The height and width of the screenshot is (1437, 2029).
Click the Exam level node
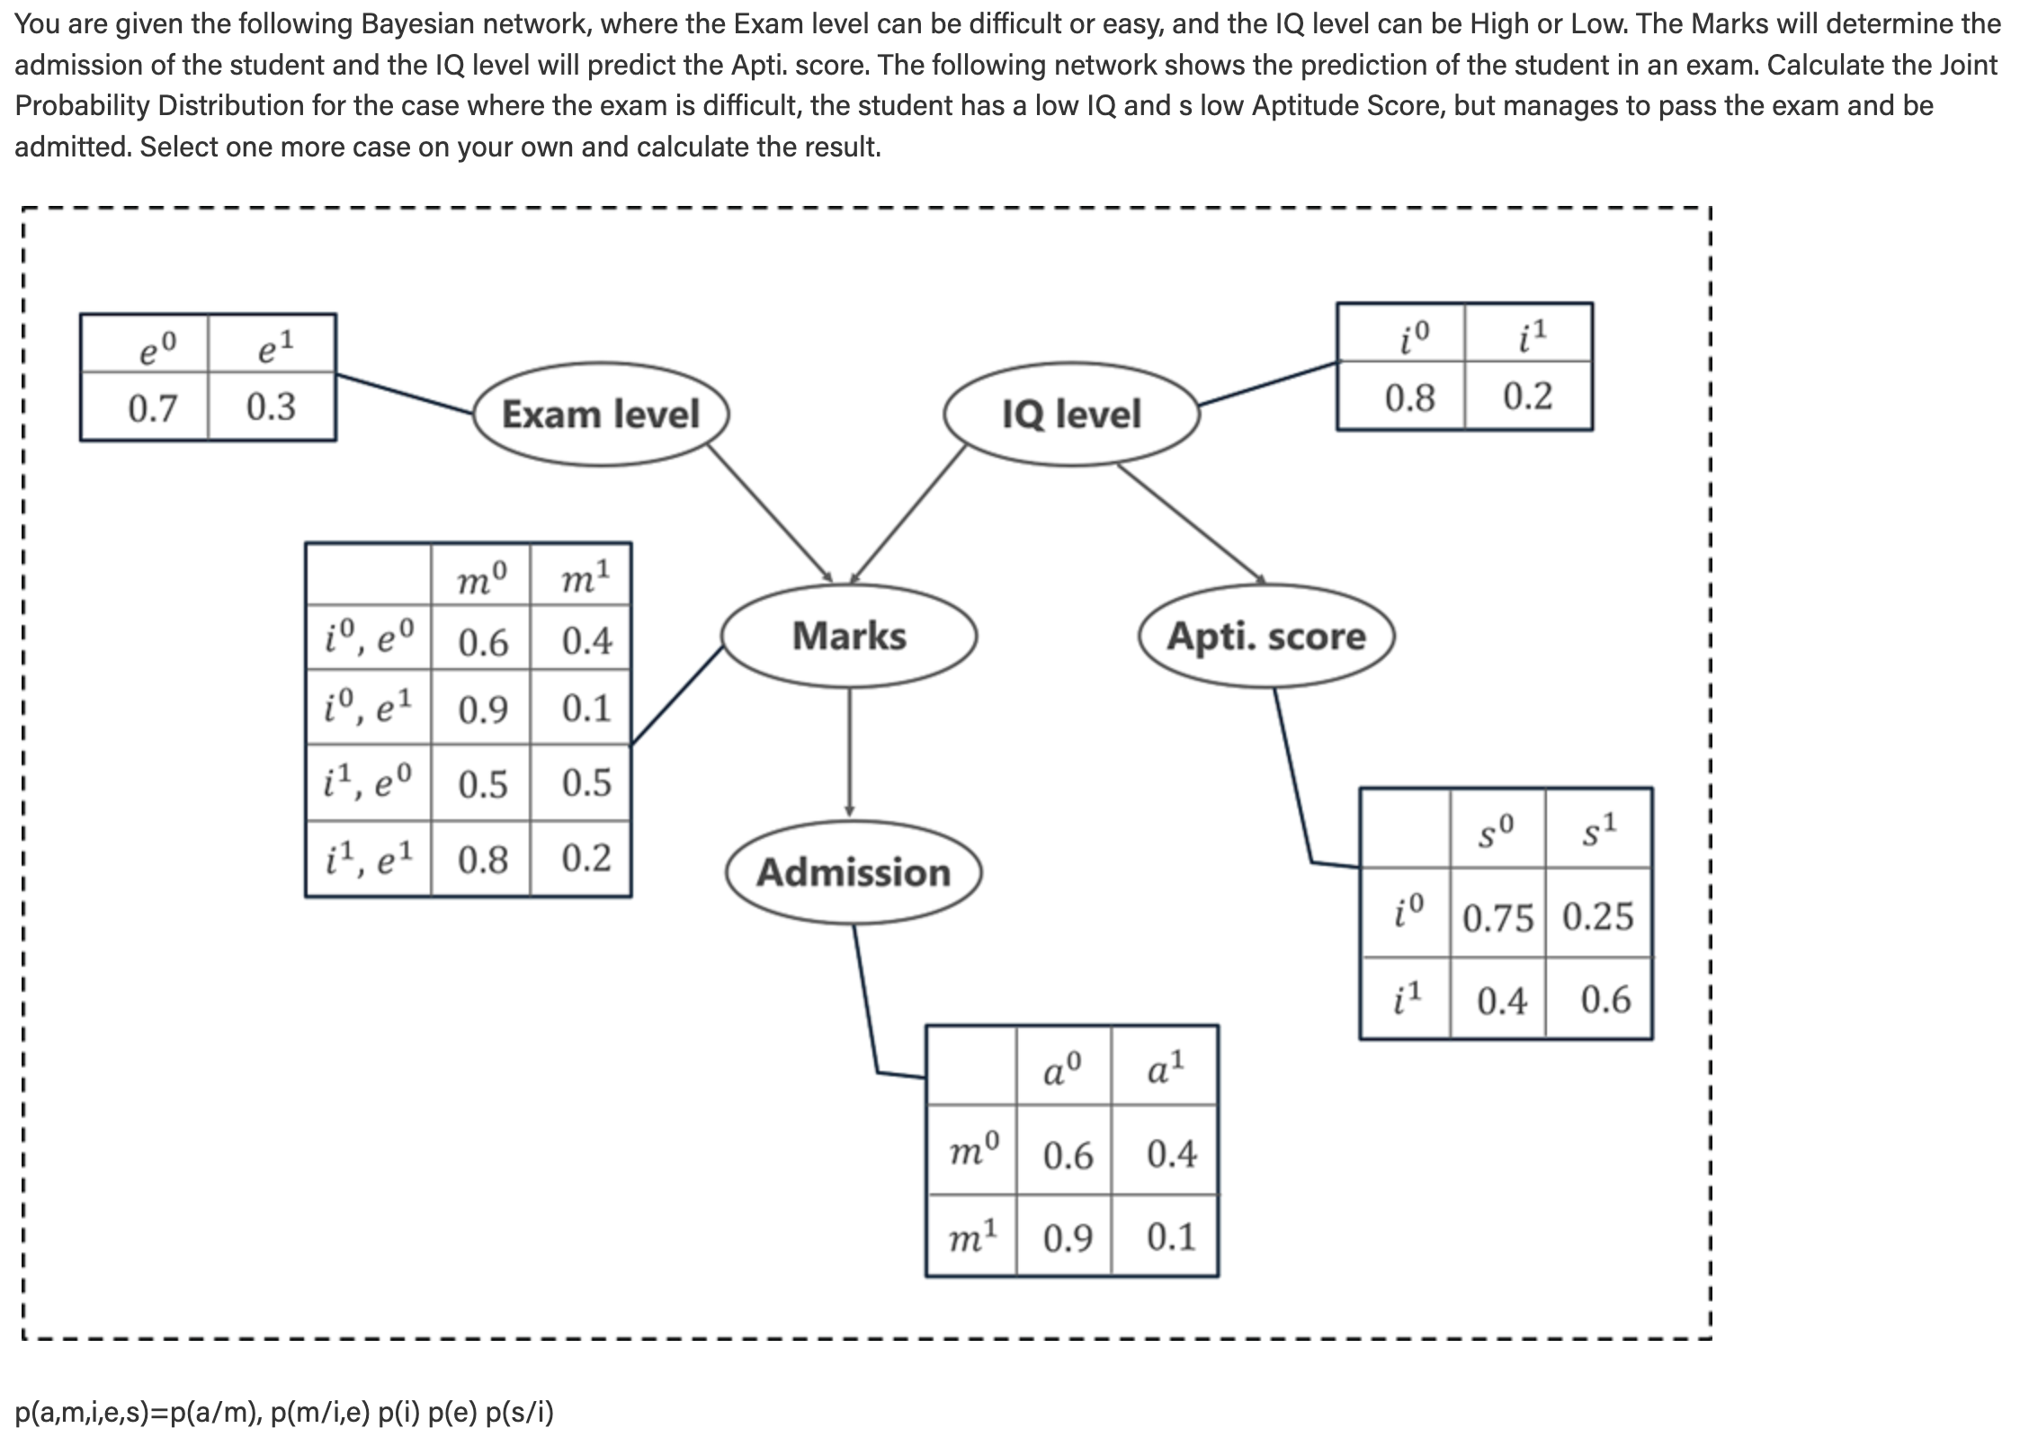pyautogui.click(x=601, y=415)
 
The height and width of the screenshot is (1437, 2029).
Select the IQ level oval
pyautogui.click(x=1071, y=415)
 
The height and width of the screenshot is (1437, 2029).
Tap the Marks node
pyautogui.click(x=849, y=636)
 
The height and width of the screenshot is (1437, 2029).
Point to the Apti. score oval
pyautogui.click(x=1266, y=636)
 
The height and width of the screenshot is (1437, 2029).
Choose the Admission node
pyautogui.click(x=854, y=872)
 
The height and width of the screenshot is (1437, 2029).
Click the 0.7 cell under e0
pyautogui.click(x=152, y=407)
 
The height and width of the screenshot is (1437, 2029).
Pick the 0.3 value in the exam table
pyautogui.click(x=271, y=407)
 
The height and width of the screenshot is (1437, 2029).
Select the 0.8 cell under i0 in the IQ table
pyautogui.click(x=1409, y=397)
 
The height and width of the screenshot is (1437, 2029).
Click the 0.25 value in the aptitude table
pyautogui.click(x=1598, y=916)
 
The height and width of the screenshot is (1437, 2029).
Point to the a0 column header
pyautogui.click(x=1062, y=1068)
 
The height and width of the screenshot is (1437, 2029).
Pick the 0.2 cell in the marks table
pyautogui.click(x=586, y=859)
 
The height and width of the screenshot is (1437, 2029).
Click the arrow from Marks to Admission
pyautogui.click(x=849, y=752)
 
